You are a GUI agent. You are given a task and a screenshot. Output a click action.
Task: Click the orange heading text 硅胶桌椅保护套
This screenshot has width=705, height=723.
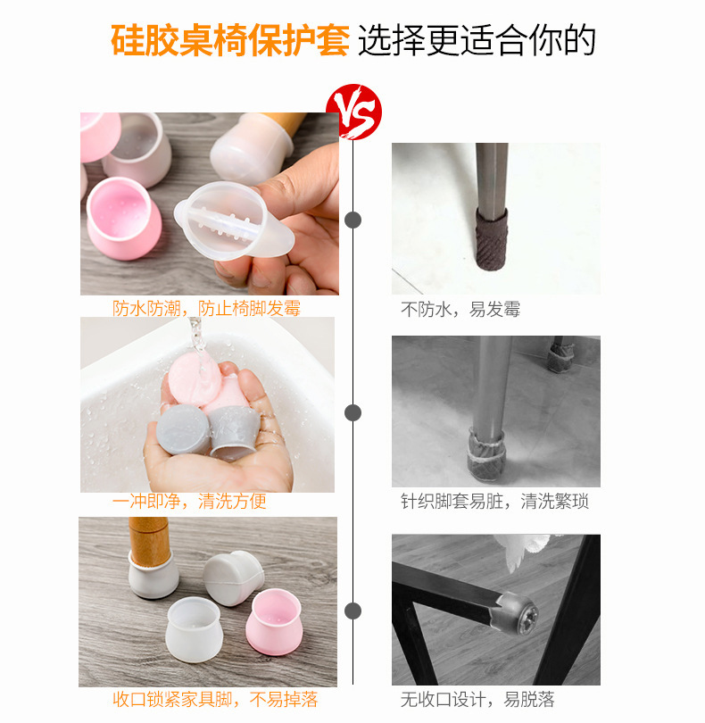229,40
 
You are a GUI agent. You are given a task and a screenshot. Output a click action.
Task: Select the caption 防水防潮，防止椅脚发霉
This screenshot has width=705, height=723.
206,309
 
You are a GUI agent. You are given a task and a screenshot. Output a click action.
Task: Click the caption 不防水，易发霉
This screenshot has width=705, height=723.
460,310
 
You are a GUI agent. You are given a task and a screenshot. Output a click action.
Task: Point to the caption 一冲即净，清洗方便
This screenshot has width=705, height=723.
189,501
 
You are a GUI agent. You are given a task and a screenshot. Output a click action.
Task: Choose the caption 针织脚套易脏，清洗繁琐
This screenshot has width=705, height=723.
494,501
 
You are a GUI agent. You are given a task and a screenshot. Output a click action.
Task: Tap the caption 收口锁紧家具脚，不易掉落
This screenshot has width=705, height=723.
215,699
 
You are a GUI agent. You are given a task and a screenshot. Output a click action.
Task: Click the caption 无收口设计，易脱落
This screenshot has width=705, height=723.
477,699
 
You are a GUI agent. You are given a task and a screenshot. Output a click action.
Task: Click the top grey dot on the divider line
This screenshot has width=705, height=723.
353,220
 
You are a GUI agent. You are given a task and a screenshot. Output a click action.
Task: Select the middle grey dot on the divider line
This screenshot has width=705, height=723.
353,412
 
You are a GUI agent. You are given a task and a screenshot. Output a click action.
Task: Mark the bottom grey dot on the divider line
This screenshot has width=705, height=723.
353,611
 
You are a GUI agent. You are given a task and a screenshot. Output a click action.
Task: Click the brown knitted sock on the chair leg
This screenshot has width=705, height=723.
493,236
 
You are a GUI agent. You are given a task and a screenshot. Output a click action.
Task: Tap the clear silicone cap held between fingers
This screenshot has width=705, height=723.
228,220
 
